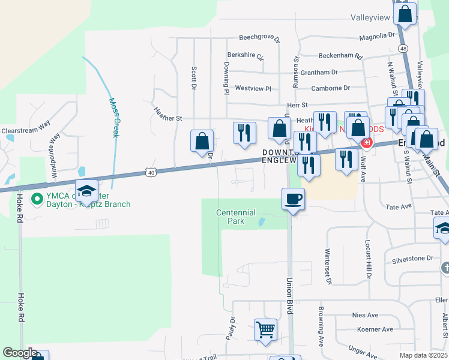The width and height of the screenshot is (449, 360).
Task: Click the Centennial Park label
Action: pyautogui.click(x=237, y=217)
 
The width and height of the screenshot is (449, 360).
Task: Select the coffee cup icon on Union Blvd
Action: pyautogui.click(x=293, y=199)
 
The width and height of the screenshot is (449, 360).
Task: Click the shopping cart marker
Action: pyautogui.click(x=265, y=329)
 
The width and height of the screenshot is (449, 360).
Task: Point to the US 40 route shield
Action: pyautogui.click(x=149, y=173)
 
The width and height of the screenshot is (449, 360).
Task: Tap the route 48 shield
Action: pyautogui.click(x=403, y=48)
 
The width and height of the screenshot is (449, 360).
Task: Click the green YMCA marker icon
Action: pyautogui.click(x=35, y=197)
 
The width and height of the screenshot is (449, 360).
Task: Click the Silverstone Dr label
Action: pyautogui.click(x=412, y=259)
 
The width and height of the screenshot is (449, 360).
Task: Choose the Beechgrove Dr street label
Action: pyautogui.click(x=259, y=37)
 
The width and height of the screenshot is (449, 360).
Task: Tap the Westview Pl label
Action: pyautogui.click(x=253, y=88)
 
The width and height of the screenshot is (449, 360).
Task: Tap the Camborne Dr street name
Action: pyautogui.click(x=330, y=88)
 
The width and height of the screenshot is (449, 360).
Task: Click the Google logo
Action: pyautogui.click(x=20, y=353)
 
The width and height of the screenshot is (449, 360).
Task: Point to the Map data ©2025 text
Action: pyautogui.click(x=422, y=355)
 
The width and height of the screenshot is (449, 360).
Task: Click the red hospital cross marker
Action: pyautogui.click(x=366, y=143)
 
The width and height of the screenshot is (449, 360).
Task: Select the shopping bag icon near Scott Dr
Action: pyautogui.click(x=202, y=141)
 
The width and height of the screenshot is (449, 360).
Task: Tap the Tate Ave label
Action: pyautogui.click(x=399, y=206)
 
